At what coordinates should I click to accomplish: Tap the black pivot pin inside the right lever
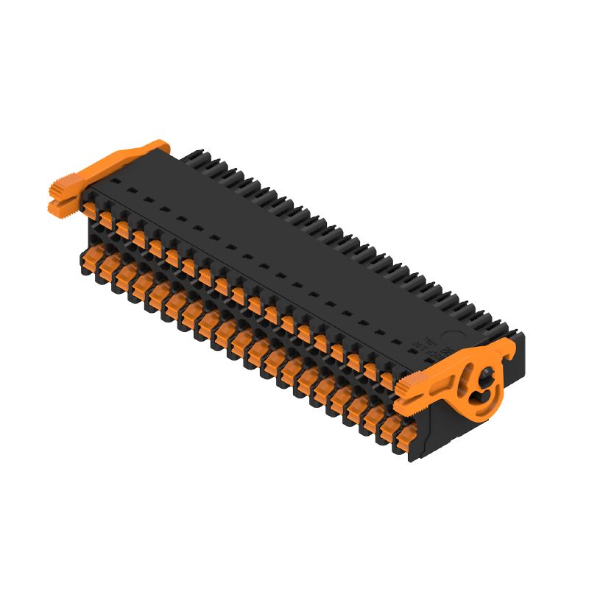(x=486, y=380)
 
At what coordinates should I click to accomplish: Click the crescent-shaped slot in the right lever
(x=479, y=398)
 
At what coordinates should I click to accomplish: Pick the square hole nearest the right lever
(x=403, y=345)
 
